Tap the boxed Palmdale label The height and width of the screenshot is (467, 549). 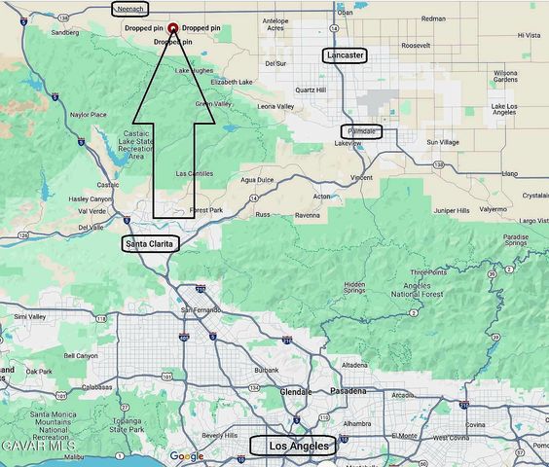[361, 130]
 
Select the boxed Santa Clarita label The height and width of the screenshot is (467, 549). [152, 244]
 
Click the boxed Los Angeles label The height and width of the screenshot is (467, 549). [293, 446]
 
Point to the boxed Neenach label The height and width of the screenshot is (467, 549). [129, 9]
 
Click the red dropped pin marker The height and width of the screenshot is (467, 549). [173, 28]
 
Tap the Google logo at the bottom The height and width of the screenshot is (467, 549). [187, 456]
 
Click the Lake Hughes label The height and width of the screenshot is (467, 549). [193, 71]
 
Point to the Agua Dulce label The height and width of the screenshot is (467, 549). [258, 180]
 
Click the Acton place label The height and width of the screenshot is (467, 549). [321, 196]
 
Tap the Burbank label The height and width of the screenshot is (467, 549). [266, 371]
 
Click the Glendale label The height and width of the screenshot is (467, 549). [295, 391]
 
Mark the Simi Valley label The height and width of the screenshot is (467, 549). [30, 316]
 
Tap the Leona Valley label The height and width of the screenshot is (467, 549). [275, 106]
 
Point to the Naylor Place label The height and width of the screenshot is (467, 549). [89, 115]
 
